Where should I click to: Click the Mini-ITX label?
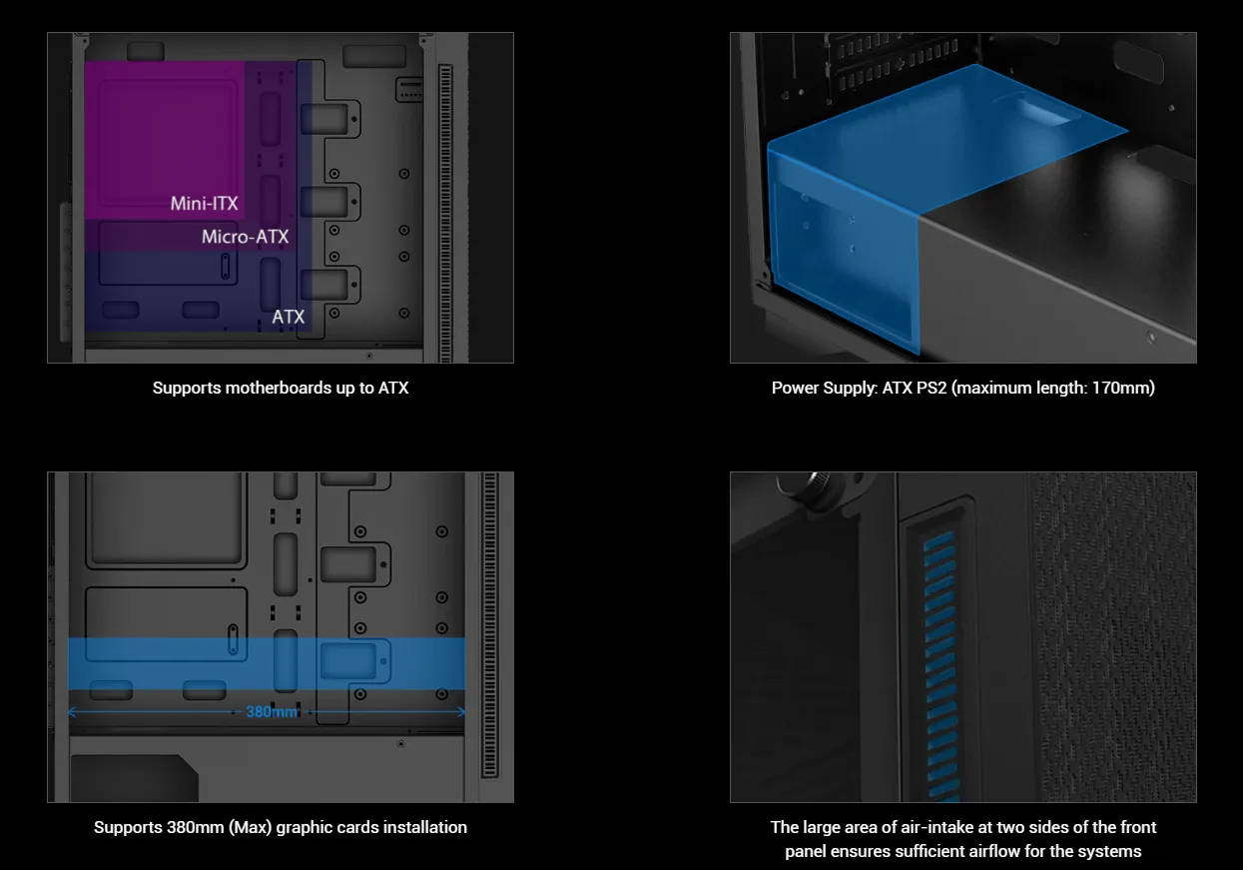pos(204,204)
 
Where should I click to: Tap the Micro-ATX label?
pos(245,237)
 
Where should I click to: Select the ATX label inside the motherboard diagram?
pos(289,318)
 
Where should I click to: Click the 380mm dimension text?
pos(272,712)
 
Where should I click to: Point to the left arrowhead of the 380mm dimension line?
pos(70,712)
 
